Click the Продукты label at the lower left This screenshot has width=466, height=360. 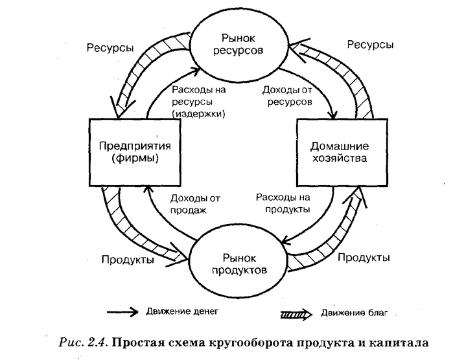click(128, 260)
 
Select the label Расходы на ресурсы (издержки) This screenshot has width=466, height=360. click(198, 102)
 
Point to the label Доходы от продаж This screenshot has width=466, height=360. click(194, 204)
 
